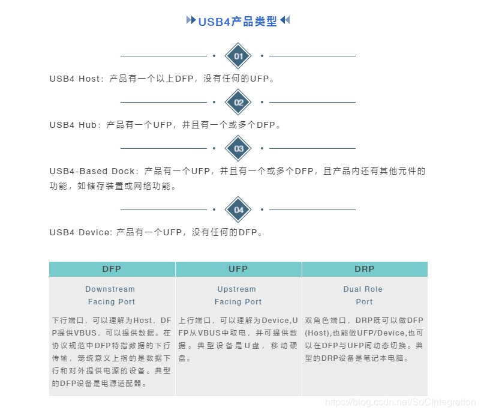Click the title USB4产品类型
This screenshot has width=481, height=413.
(238, 22)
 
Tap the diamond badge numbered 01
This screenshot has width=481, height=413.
(238, 56)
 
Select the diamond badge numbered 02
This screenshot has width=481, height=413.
(238, 102)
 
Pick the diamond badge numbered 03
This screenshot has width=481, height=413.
(238, 148)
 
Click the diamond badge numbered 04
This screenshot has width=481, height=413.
(238, 210)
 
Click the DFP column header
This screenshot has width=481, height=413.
(112, 269)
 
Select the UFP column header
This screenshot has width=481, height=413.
(238, 269)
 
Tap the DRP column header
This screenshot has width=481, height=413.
(364, 269)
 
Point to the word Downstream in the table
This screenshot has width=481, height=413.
(110, 289)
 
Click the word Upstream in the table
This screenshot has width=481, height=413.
(236, 289)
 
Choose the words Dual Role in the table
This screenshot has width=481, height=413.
(363, 289)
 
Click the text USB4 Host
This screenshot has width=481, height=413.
(75, 79)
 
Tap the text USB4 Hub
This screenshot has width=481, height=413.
(73, 125)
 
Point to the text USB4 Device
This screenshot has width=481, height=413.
(80, 232)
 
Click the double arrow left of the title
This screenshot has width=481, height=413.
(191, 20)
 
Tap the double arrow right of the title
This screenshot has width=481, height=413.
(285, 20)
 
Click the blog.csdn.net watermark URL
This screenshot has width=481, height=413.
(399, 402)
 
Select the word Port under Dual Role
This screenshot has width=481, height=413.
(364, 302)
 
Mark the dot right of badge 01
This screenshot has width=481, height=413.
(262, 56)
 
